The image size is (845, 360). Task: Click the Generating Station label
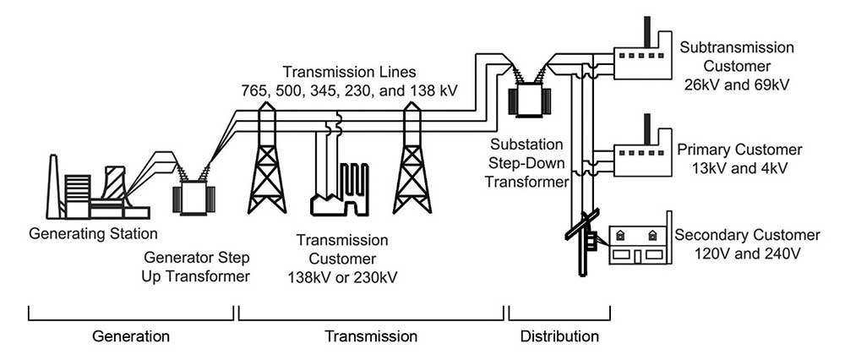pyautogui.click(x=93, y=232)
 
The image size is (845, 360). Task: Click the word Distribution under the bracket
pyautogui.click(x=559, y=336)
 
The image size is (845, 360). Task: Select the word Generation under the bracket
pyautogui.click(x=131, y=336)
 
